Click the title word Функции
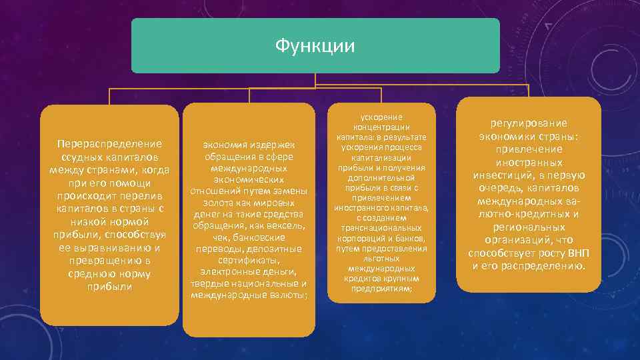[x=315, y=46]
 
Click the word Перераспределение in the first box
[x=109, y=144]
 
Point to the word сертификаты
[x=248, y=261]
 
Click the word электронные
[x=226, y=272]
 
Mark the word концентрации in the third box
[x=381, y=127]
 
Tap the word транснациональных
[x=381, y=227]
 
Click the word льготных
[x=381, y=257]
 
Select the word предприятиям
[x=381, y=289]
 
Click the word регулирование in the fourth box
[x=528, y=123]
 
